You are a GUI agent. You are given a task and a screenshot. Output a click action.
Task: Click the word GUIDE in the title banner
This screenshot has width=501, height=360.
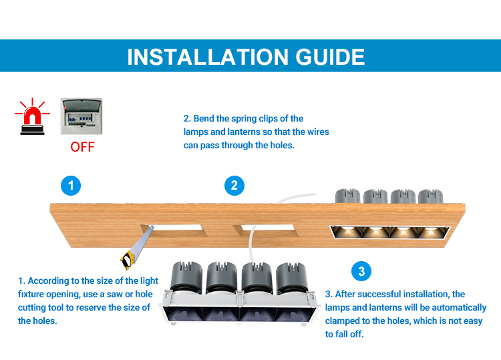[x=330, y=57]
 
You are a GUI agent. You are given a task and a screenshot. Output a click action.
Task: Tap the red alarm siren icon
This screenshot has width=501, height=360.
[x=32, y=116]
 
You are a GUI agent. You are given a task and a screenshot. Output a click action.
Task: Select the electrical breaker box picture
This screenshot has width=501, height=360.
[x=81, y=116]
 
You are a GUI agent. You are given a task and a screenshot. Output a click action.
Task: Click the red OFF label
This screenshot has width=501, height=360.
[x=82, y=147]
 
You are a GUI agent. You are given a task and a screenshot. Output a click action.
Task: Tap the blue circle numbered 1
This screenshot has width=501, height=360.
[x=71, y=185]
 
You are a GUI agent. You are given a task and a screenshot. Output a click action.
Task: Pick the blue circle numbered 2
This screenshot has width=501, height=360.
[x=234, y=185]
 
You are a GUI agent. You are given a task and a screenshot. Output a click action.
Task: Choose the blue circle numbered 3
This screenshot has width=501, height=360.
[x=361, y=271]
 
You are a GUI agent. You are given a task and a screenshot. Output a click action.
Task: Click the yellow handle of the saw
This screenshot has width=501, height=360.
[x=127, y=259]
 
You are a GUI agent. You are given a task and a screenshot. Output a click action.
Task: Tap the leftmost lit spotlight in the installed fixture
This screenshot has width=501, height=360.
[x=347, y=232]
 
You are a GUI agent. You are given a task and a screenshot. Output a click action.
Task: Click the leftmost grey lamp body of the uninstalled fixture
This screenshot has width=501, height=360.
[x=186, y=277]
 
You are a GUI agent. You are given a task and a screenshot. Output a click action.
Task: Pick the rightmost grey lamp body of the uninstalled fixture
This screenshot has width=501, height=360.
[x=291, y=277]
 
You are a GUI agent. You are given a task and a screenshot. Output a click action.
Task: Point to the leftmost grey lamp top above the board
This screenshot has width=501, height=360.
[x=347, y=196]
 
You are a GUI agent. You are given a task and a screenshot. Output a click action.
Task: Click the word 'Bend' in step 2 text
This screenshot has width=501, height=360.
[x=204, y=118]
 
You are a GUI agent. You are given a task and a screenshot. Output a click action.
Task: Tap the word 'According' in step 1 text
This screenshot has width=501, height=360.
[x=48, y=281]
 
